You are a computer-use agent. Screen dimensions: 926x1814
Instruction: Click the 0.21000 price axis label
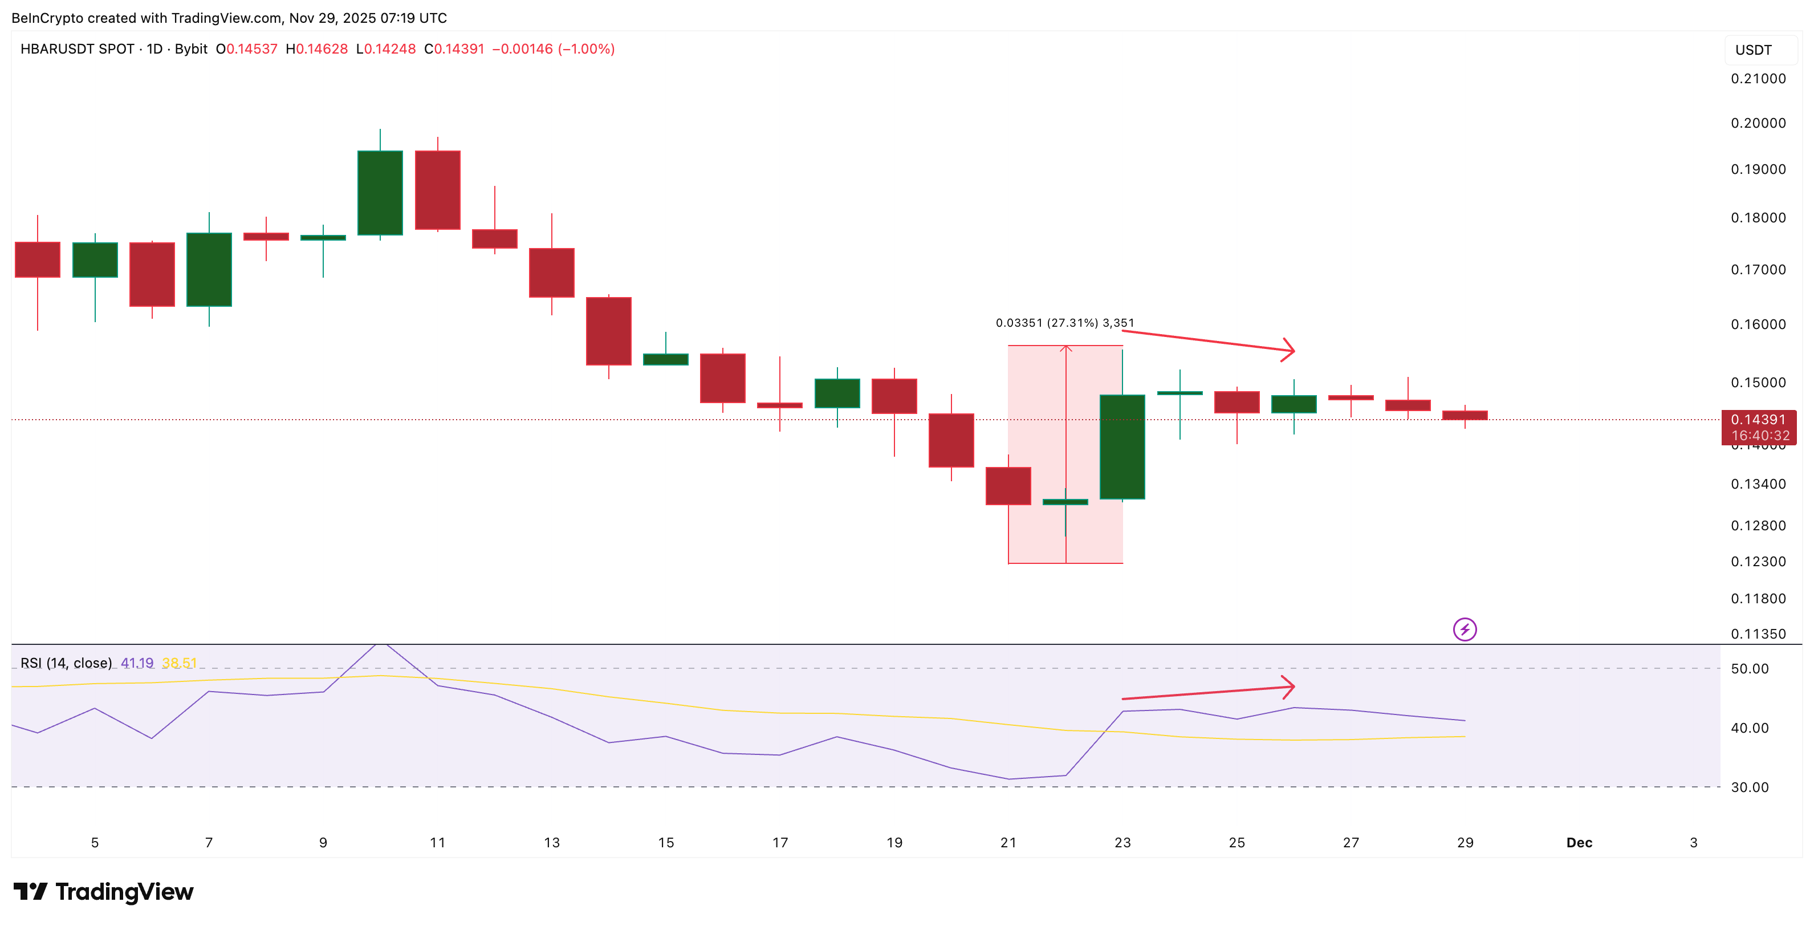[1758, 79]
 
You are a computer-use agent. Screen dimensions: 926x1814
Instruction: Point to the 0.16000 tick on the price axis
[1758, 324]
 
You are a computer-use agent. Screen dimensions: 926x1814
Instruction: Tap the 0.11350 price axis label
[1758, 633]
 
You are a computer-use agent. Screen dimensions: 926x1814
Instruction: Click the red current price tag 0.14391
[1758, 420]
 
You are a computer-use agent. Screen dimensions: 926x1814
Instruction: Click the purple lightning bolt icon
[1465, 629]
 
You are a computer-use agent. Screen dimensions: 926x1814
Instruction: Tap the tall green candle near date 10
[380, 192]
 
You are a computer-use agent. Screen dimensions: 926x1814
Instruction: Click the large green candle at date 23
[1122, 446]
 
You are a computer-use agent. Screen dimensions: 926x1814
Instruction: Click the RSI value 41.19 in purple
[137, 663]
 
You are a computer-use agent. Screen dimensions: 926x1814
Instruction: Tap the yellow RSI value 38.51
[179, 663]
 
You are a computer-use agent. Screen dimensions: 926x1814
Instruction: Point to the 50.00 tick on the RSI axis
[1749, 669]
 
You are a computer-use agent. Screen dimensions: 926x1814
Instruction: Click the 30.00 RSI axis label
[1749, 787]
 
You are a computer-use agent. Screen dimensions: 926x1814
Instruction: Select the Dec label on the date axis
[1579, 843]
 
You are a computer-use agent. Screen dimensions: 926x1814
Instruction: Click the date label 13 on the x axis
[551, 843]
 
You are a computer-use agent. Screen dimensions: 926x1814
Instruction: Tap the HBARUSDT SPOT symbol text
[78, 49]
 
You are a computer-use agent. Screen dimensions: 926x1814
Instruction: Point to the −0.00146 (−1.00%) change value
[553, 49]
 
